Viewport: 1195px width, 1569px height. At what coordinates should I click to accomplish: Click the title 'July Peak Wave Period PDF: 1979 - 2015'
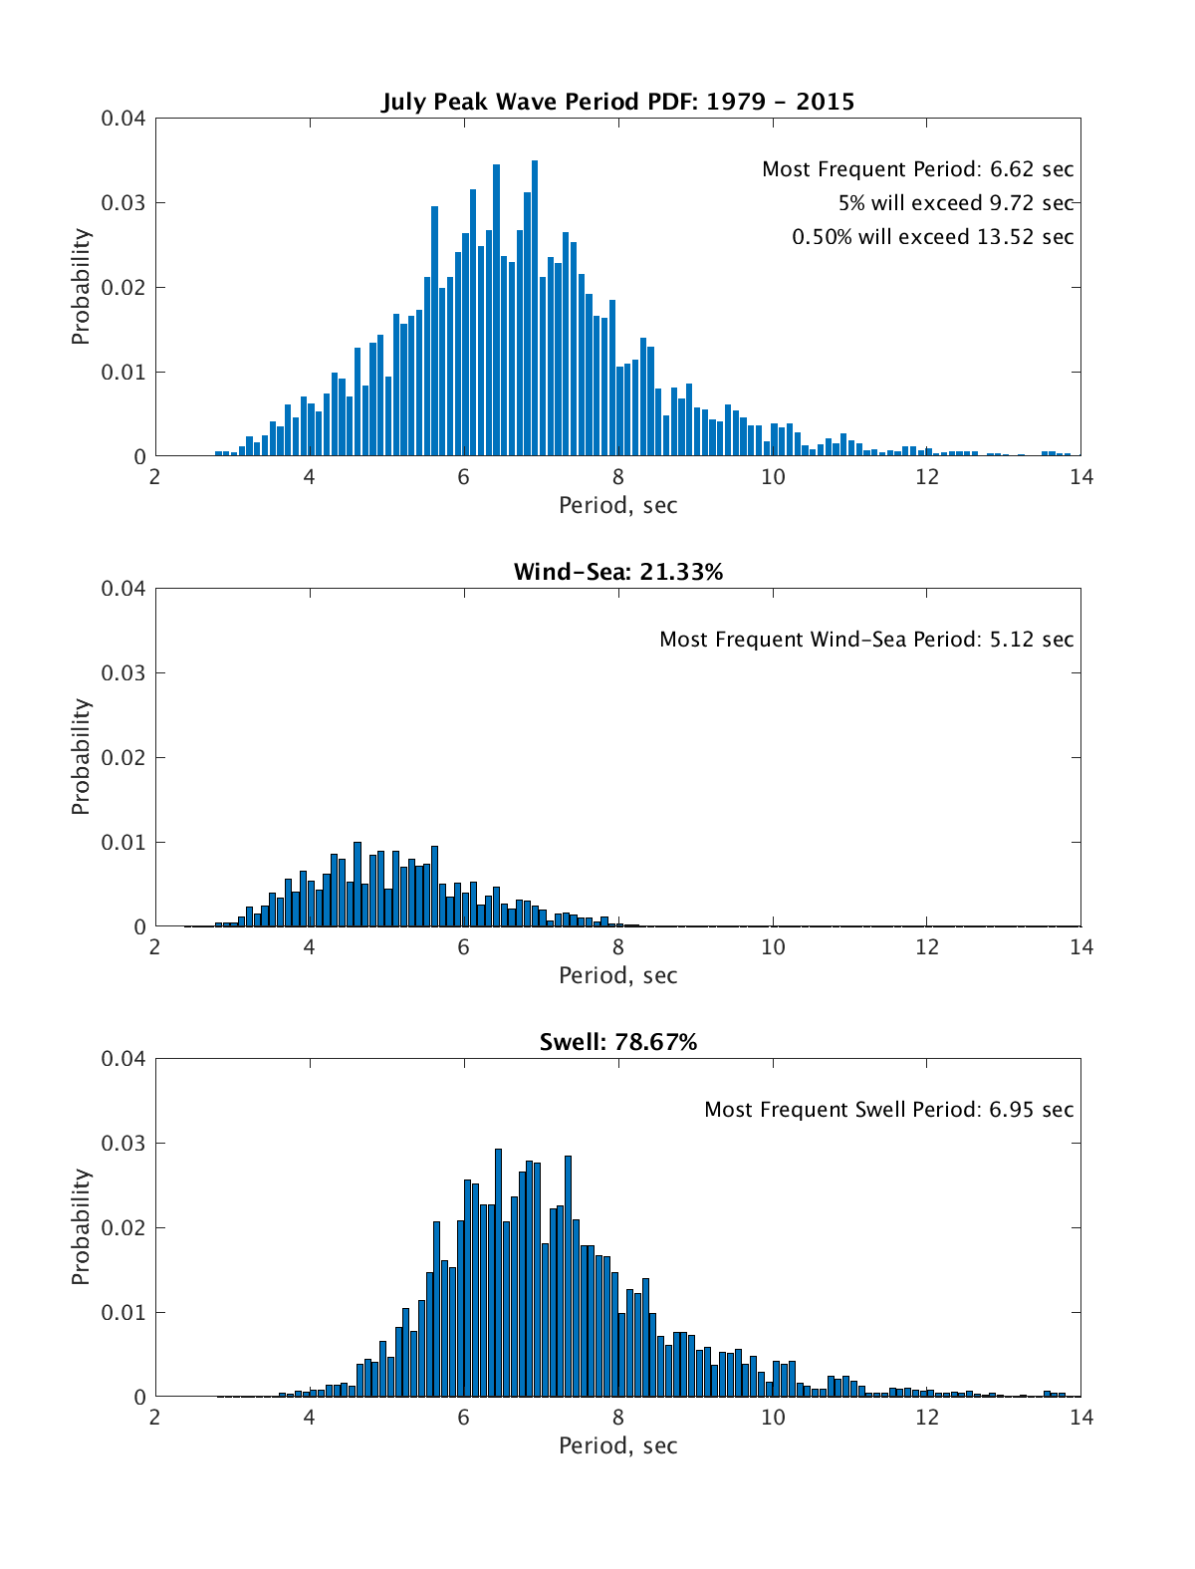617,102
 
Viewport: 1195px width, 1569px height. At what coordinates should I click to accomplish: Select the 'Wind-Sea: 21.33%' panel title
617,572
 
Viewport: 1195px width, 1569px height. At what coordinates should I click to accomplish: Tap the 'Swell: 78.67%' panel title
617,1042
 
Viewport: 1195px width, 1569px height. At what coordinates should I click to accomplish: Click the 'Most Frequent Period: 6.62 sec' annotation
917,169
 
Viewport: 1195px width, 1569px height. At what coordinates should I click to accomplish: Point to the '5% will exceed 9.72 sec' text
955,203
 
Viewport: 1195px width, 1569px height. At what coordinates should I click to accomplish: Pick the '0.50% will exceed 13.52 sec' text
932,237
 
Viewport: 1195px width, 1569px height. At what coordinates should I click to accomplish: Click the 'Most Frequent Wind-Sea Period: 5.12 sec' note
866,640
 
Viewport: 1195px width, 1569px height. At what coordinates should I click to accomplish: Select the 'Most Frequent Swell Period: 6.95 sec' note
888,1110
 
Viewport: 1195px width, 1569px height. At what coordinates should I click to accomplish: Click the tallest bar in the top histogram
535,309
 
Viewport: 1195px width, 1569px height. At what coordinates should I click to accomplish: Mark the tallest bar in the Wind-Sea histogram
358,885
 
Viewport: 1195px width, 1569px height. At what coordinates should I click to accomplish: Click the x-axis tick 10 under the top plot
773,477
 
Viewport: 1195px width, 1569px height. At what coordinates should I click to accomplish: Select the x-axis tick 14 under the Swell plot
1080,1418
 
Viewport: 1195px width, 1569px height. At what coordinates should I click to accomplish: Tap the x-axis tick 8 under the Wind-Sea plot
618,947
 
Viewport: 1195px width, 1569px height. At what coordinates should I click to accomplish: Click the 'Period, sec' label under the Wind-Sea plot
617,976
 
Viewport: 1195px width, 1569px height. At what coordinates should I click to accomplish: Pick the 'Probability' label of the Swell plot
81,1227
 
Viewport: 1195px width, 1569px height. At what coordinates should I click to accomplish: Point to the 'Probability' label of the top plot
81,287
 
